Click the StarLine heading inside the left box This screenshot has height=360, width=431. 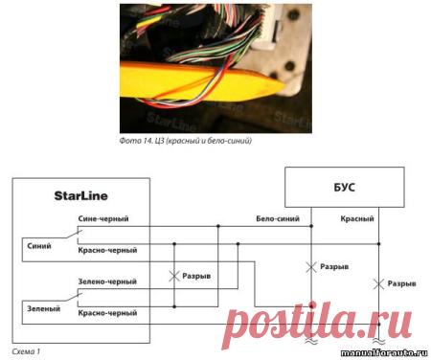point(80,195)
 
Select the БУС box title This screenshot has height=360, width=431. point(344,187)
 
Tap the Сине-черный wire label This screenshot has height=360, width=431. point(103,218)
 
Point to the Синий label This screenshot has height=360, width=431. point(39,246)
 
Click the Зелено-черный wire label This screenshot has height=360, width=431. point(107,281)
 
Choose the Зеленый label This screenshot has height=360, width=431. point(44,308)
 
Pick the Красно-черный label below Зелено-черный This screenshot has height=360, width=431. point(107,313)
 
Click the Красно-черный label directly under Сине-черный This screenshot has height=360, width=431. point(107,250)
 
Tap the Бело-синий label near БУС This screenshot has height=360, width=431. point(278,218)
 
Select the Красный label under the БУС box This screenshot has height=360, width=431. point(357,218)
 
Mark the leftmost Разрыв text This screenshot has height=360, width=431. point(196,276)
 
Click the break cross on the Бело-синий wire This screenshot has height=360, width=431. point(311,267)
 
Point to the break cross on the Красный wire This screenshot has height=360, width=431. point(378,283)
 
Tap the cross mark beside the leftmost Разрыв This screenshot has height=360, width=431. point(174,277)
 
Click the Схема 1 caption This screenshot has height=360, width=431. point(26,351)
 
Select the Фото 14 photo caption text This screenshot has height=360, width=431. point(186,141)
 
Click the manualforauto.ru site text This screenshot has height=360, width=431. point(384,353)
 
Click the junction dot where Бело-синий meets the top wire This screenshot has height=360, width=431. point(311,226)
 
